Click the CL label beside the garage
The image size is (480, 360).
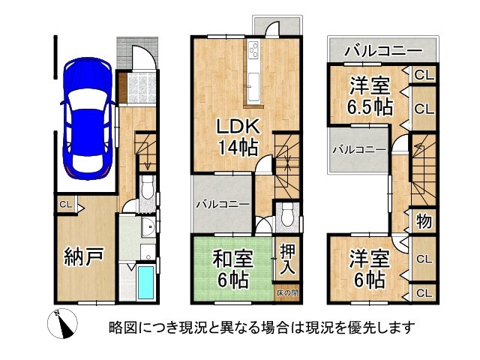64,203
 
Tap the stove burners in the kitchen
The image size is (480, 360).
253,51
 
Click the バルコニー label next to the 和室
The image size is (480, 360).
223,204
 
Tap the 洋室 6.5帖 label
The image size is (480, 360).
368,96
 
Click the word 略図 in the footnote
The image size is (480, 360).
121,328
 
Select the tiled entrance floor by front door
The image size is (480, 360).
138,87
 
